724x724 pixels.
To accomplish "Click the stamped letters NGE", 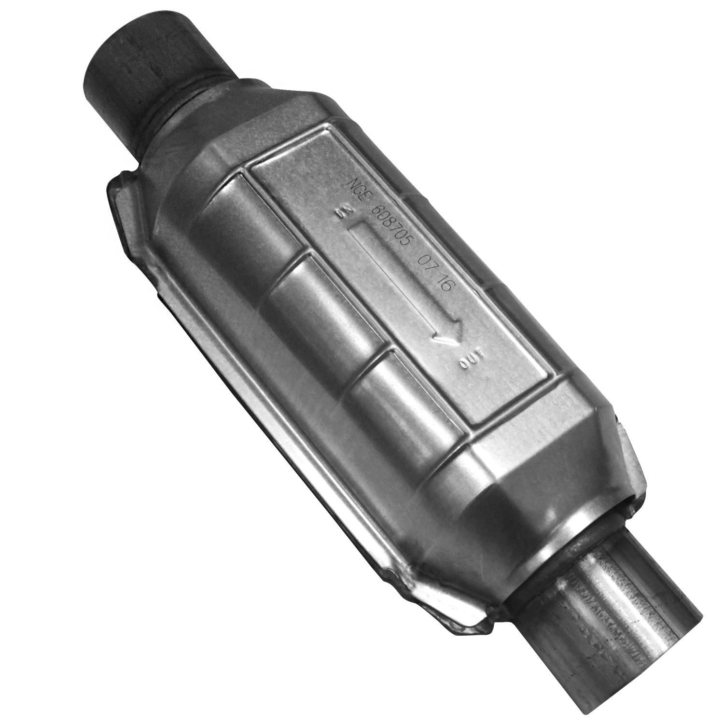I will (361, 189).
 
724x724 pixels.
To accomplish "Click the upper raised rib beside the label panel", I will (246, 212).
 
